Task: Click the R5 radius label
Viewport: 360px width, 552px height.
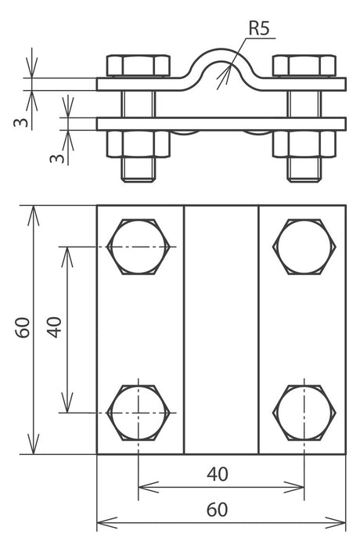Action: point(259,28)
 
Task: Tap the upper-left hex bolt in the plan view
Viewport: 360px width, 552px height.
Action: point(139,247)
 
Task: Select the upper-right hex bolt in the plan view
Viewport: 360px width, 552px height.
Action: point(304,247)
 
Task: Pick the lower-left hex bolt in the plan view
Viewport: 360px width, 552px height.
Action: point(139,413)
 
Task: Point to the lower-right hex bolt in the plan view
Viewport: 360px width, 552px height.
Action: point(304,413)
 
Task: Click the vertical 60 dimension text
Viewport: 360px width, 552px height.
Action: point(23,327)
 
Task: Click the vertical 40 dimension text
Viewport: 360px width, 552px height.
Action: point(56,327)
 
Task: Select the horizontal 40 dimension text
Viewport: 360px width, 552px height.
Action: point(218,474)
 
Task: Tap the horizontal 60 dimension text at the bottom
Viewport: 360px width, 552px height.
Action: point(218,510)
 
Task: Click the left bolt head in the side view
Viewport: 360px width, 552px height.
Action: point(139,66)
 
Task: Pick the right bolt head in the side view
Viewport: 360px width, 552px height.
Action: point(304,66)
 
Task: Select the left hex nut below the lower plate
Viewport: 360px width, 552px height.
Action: point(139,143)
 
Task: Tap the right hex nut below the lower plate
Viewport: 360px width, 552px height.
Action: point(304,143)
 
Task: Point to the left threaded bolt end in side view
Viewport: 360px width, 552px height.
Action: point(139,169)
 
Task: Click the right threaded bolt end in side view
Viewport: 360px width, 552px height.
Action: point(304,169)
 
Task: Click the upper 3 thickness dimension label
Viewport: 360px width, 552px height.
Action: point(22,123)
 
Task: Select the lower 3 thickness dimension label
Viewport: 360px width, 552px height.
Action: point(58,158)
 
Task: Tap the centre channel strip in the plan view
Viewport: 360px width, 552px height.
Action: point(221,330)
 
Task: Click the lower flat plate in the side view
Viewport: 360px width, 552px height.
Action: point(221,124)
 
